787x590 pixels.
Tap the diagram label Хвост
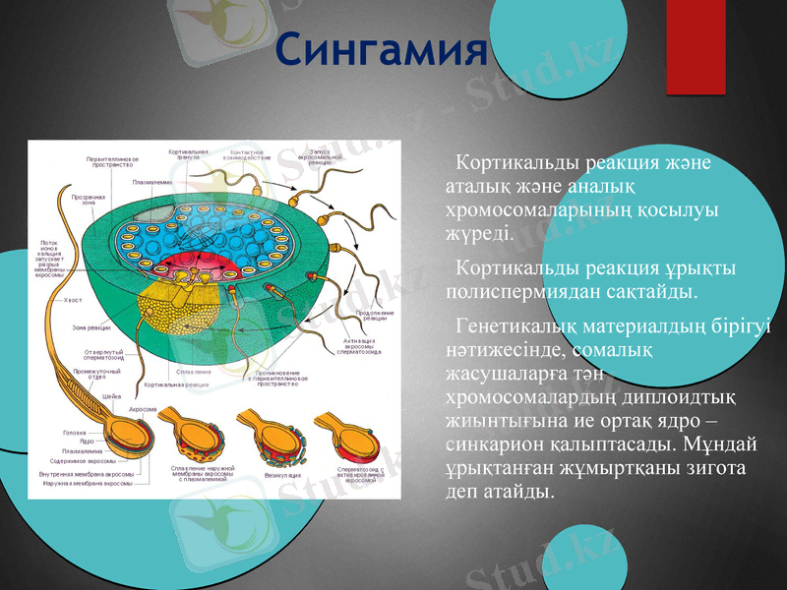click(73, 299)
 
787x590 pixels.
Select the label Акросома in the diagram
click(145, 408)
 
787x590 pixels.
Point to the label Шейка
click(111, 395)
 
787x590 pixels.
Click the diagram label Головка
click(74, 433)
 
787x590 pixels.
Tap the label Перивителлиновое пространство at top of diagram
click(111, 161)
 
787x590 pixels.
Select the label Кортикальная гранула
click(188, 154)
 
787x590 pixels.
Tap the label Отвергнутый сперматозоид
click(102, 354)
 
